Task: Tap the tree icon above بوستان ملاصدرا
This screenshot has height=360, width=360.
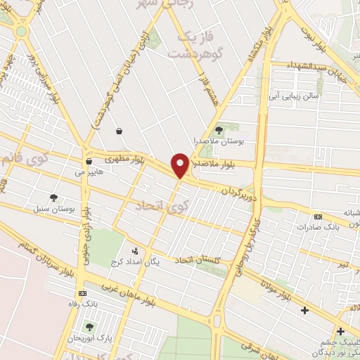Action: point(219,129)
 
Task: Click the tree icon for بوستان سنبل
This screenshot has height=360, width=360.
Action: point(54,198)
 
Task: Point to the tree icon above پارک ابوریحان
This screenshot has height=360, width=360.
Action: point(89,327)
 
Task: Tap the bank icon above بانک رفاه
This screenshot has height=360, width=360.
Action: point(83,292)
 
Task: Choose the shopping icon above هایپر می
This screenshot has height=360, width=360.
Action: point(89,161)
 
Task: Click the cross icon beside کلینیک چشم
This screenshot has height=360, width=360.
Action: point(340,331)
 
